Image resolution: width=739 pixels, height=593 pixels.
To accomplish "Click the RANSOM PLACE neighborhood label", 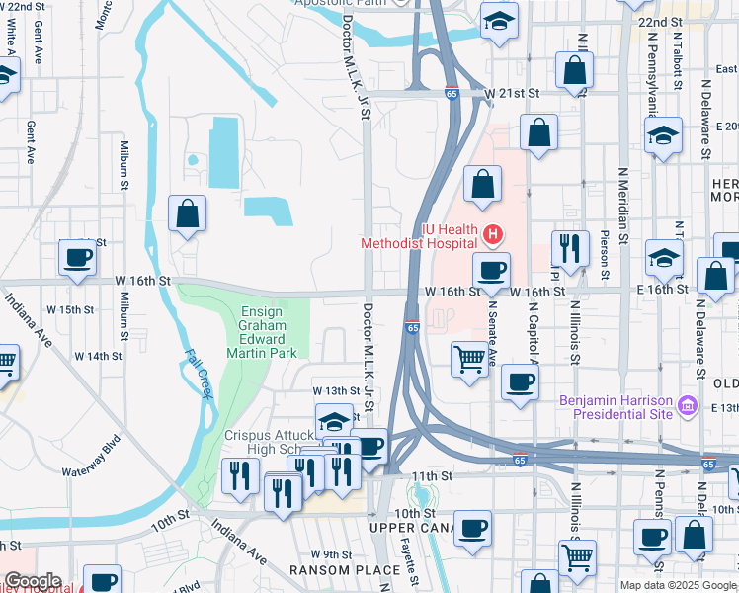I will [x=333, y=570].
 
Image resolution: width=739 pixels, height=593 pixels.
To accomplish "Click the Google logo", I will [x=33, y=581].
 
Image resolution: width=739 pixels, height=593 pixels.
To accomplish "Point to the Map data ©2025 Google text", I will [x=678, y=585].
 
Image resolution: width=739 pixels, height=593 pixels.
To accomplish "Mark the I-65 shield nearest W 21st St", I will [x=451, y=94].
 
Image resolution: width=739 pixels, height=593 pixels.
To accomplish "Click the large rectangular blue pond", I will [x=224, y=151].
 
